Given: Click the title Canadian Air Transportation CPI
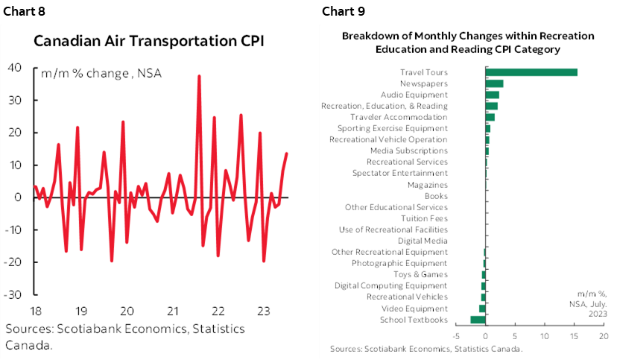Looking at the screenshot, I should (149, 41).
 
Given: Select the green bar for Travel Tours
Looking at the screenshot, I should (531, 72).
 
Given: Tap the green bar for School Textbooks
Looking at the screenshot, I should (478, 320).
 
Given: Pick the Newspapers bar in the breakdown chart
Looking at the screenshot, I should (494, 83).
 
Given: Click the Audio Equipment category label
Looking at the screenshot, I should (414, 95).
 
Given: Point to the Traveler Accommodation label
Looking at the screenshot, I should (399, 117).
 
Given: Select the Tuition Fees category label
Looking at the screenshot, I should (424, 218).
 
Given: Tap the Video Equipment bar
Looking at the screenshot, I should (482, 309).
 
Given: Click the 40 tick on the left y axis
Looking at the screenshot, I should (14, 68).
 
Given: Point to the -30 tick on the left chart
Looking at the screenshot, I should (12, 294).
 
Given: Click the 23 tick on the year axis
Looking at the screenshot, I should (263, 311).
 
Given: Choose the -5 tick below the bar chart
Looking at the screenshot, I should (456, 336).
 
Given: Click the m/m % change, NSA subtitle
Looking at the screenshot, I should (101, 73).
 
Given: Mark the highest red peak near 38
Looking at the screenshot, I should (199, 75).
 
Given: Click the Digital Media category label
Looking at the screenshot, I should (423, 241).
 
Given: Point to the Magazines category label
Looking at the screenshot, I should (428, 185).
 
